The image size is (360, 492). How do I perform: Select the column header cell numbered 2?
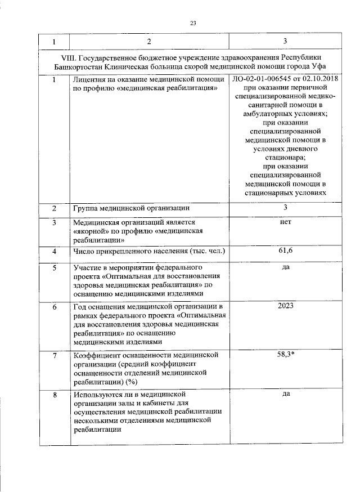coord(149,42)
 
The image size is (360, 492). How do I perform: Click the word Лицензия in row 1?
coord(91,79)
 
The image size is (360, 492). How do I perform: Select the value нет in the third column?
coord(285,222)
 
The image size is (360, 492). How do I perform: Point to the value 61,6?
coord(285,251)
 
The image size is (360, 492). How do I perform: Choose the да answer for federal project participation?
coord(285,267)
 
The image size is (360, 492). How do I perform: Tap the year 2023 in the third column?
coord(285,306)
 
